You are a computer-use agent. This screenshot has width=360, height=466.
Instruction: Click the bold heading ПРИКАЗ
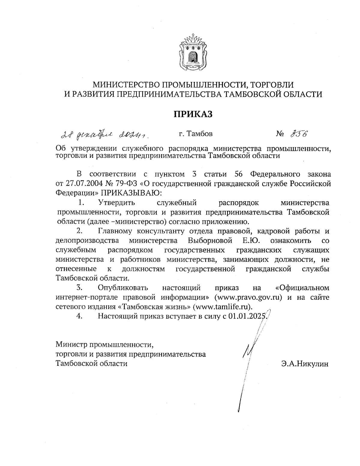[x=193, y=114]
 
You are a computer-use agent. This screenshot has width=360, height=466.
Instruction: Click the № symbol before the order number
[x=280, y=134]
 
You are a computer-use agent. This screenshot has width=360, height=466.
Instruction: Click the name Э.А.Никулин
[x=305, y=364]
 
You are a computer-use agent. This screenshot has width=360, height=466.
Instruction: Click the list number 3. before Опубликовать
[x=79, y=288]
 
